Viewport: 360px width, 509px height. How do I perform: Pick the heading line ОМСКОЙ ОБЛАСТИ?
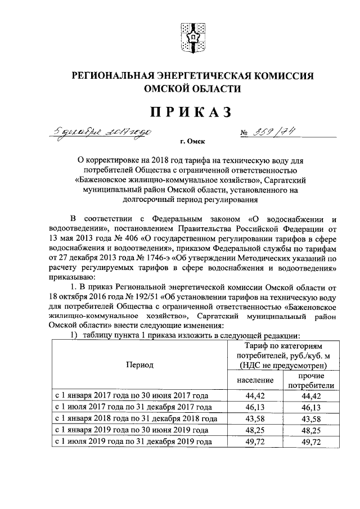(x=192, y=89)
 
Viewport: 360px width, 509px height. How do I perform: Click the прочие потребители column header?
(x=310, y=380)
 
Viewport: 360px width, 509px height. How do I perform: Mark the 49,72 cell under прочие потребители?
(x=310, y=442)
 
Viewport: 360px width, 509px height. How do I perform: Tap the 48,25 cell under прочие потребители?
(x=310, y=431)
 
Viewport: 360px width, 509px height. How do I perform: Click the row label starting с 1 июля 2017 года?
(x=133, y=408)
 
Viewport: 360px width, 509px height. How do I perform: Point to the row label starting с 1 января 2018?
(x=136, y=419)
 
